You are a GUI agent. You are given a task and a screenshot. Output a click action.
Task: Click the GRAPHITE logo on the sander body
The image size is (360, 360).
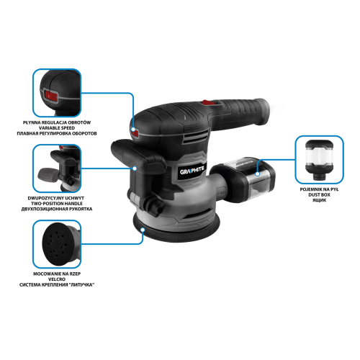click(x=192, y=171)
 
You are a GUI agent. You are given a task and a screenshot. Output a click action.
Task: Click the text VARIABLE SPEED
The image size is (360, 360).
click(x=57, y=128)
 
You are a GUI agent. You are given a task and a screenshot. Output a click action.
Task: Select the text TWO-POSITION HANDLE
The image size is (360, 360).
click(x=57, y=204)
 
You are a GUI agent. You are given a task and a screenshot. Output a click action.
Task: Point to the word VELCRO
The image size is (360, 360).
click(x=57, y=279)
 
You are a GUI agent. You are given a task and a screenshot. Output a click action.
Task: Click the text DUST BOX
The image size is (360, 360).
click(x=319, y=195)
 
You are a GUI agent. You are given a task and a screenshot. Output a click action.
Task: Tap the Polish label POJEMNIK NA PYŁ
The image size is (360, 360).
click(x=319, y=189)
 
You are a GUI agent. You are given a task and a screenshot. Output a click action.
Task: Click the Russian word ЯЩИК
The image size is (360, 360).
click(x=319, y=200)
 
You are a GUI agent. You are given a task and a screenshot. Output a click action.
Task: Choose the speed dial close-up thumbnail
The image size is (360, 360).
click(x=57, y=93)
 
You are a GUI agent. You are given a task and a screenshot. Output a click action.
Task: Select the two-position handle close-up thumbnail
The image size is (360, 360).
click(x=57, y=168)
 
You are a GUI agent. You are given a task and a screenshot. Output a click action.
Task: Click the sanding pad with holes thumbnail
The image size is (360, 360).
click(x=57, y=244)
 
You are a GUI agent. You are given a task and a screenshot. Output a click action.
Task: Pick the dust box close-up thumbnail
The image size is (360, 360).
click(x=319, y=160)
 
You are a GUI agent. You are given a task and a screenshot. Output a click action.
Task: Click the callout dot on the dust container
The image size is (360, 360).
click(x=258, y=174)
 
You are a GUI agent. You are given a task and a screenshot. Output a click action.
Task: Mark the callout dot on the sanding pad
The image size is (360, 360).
click(x=143, y=230)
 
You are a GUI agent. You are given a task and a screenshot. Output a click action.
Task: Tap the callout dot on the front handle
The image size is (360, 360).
click(x=135, y=168)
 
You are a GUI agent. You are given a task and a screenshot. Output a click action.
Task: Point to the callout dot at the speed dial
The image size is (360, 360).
click(x=133, y=130)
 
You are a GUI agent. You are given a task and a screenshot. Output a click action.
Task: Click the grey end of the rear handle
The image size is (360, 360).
click(x=263, y=112)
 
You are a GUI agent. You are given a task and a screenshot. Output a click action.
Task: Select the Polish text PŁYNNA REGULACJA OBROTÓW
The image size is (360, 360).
click(x=57, y=122)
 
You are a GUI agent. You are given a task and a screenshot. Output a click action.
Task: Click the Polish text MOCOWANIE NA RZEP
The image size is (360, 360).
click(x=57, y=274)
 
